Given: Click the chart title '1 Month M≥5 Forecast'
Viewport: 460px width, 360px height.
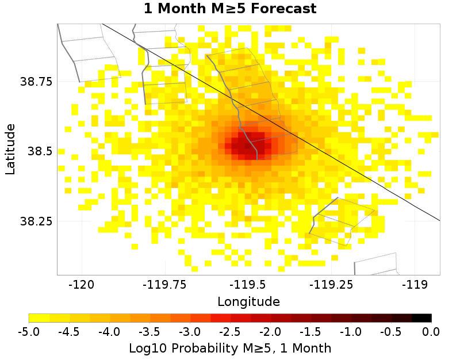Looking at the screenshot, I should pos(230,9).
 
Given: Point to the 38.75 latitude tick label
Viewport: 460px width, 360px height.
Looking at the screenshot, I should pos(37,81).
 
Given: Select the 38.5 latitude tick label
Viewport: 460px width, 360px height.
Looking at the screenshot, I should pos(40,151).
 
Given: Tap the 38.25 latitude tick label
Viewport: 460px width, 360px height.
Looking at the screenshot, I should pos(37,221).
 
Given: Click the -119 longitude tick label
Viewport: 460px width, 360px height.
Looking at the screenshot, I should pos(414,285).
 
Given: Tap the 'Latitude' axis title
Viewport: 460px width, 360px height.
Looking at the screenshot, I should pos(10,148).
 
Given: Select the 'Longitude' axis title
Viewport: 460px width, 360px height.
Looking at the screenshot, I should pos(248,301).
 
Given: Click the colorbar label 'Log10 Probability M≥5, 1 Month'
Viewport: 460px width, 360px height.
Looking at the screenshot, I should pos(230,348).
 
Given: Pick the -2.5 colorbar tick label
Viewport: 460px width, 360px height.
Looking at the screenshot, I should pos(230,331).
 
